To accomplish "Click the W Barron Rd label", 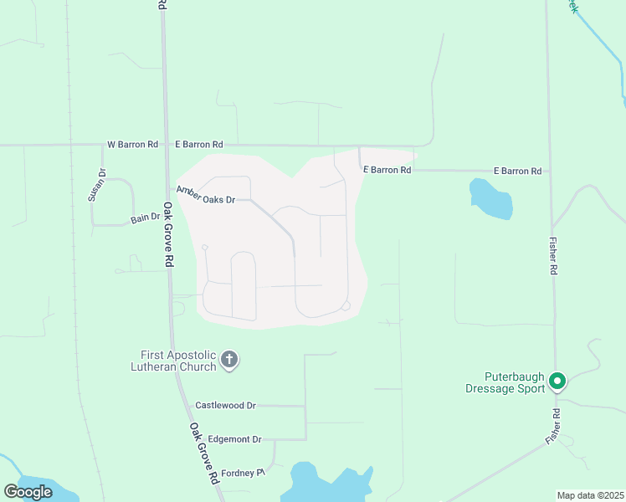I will tap(132, 144).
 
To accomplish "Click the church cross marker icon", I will tap(229, 361).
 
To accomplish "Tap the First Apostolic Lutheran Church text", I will tap(173, 361).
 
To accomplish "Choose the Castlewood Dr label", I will tap(225, 405).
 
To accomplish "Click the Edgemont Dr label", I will tap(234, 439).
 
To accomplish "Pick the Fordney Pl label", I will tap(236, 473).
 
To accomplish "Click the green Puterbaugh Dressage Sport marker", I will tap(557, 382).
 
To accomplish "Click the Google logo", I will tap(28, 492).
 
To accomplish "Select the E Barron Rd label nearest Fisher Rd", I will tap(516, 171).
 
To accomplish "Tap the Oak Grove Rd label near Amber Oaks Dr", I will tap(168, 234).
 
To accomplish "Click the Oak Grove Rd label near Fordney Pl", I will tap(203, 454).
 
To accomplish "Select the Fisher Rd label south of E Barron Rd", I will tap(552, 256).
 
